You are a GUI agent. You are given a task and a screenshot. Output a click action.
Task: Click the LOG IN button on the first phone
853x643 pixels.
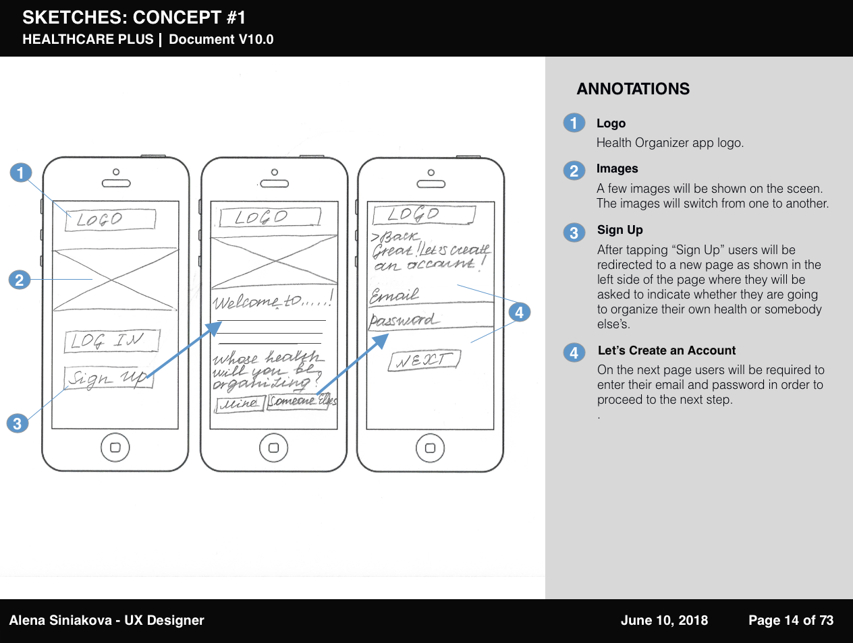click(112, 340)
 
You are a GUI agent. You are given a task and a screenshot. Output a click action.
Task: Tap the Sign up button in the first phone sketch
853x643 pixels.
click(109, 378)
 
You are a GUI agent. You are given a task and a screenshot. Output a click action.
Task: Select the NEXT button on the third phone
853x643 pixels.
click(424, 360)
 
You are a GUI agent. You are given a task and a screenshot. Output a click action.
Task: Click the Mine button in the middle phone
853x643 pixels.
click(240, 403)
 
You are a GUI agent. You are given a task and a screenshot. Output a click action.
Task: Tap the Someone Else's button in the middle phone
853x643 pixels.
click(302, 401)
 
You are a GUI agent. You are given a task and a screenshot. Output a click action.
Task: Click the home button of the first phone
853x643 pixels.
click(115, 448)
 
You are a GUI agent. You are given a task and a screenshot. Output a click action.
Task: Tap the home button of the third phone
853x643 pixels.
click(430, 448)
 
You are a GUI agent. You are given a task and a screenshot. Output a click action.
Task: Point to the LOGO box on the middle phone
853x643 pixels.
click(269, 217)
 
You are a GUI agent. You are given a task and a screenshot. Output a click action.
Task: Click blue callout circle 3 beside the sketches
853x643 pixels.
click(17, 424)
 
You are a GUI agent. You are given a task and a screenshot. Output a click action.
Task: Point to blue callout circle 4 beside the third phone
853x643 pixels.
click(519, 312)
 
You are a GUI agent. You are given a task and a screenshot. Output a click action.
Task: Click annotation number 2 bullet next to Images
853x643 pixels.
click(574, 171)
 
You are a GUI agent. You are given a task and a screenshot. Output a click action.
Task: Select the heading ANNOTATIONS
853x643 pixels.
click(633, 89)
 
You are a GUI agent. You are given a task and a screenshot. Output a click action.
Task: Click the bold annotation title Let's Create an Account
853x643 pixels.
click(667, 350)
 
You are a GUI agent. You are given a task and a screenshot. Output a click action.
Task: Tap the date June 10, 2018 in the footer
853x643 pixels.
click(664, 620)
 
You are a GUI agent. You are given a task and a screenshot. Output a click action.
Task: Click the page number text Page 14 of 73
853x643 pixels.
click(791, 620)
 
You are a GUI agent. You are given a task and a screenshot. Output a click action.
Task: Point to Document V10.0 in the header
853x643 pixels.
click(221, 39)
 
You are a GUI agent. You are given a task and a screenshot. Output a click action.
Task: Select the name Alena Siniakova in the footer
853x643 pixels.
click(60, 620)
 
